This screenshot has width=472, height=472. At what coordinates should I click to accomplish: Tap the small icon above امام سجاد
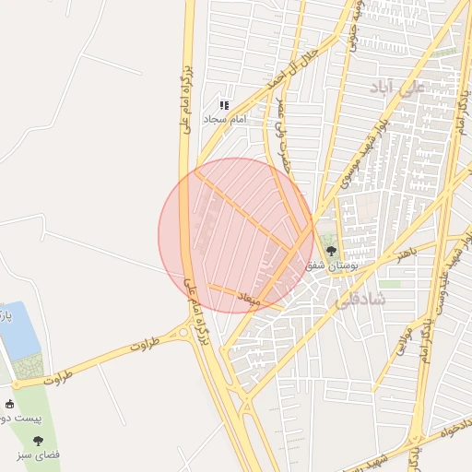point(224,106)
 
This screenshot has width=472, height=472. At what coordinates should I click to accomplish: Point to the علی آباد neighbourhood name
point(397,88)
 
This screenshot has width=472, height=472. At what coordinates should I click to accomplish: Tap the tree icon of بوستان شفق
point(332,250)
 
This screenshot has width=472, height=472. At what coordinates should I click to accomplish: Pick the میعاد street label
point(250,299)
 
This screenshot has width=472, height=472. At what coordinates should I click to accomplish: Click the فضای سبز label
point(38,455)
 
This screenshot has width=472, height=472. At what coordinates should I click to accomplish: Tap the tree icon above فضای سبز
point(38,441)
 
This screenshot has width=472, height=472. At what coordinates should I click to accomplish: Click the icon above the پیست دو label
point(10,404)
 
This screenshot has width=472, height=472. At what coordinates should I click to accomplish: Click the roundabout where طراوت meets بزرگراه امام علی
point(185,333)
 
